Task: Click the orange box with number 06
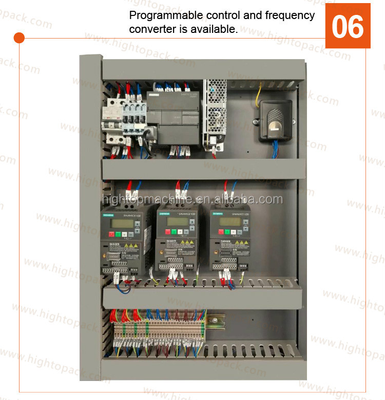tap(348, 26)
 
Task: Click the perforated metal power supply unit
tap(215, 113)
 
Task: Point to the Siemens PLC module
tap(172, 118)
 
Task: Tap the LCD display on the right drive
tap(229, 221)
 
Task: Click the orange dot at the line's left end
tap(19, 38)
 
